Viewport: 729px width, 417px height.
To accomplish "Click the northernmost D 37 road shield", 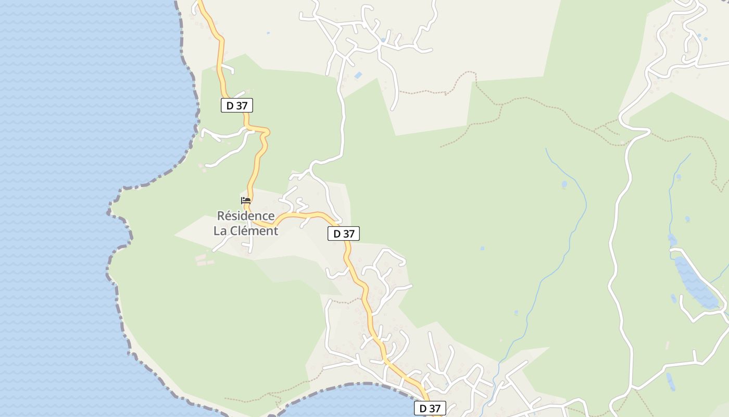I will coord(237,105).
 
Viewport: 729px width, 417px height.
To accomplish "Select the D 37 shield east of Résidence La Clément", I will coord(344,234).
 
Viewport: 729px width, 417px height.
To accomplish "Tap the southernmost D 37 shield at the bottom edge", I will coord(430,409).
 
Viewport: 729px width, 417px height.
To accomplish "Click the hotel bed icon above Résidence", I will coord(246,201).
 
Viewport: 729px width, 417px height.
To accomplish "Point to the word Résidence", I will coord(246,216).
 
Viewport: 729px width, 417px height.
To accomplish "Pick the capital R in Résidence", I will coord(221,216).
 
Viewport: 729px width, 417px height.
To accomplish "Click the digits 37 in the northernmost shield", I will coord(242,105).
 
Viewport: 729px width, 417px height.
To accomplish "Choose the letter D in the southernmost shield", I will coord(423,409).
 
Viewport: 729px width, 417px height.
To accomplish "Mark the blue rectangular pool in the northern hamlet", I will coord(358,76).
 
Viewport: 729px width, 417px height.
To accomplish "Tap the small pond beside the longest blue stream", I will coord(564,185).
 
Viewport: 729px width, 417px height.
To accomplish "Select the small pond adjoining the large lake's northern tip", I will coord(672,240).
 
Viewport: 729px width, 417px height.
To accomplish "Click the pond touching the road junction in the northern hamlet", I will coord(383,40).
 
